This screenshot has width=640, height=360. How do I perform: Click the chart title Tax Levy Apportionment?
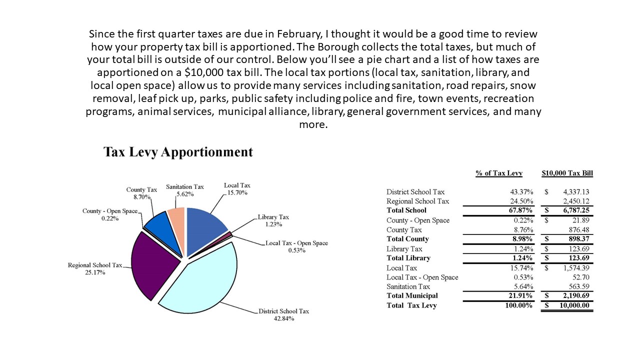(x=178, y=152)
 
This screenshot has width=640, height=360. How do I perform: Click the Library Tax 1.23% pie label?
(x=273, y=221)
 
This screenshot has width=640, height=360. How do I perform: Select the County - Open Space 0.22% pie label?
(x=109, y=214)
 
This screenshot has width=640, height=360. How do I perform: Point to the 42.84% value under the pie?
(x=283, y=318)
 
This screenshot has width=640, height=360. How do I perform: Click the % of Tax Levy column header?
(x=499, y=173)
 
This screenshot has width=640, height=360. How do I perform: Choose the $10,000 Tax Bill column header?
(x=567, y=173)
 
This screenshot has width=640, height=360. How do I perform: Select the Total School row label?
(x=406, y=210)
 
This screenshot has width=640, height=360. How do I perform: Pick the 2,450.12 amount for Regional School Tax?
(x=576, y=201)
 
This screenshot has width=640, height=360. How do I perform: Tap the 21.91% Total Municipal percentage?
(x=520, y=296)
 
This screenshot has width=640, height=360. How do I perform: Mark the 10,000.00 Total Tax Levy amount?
(x=572, y=305)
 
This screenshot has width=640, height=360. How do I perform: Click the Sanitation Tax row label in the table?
(x=408, y=286)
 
